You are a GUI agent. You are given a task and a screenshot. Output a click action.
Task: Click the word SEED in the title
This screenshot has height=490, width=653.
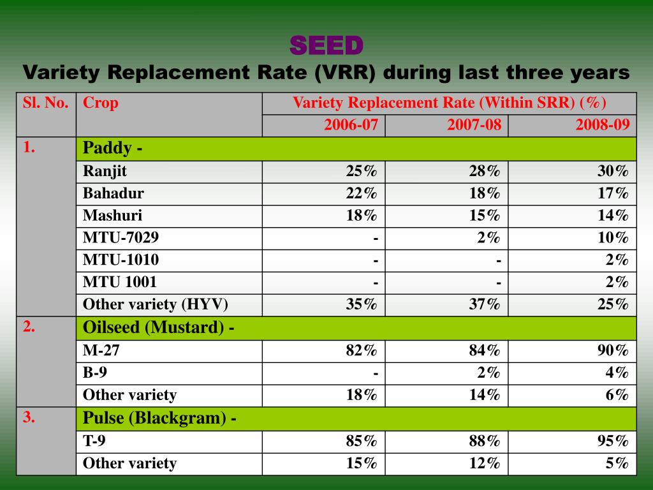326,46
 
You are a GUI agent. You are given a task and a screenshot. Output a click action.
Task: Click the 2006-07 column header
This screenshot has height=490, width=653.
351,125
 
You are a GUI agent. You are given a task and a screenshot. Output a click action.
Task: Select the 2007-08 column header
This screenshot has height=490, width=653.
474,125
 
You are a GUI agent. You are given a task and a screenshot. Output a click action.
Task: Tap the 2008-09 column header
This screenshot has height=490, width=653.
602,125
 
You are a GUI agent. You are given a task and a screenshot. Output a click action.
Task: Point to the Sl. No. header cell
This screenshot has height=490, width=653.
45,103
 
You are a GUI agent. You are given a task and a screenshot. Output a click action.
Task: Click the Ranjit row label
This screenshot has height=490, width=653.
105,171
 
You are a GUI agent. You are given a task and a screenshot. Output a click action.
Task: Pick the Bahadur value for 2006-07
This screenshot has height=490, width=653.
362,193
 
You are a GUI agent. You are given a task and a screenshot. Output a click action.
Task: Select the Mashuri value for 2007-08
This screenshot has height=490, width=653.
485,216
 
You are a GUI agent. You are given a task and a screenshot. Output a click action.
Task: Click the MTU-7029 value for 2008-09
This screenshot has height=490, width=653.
613,238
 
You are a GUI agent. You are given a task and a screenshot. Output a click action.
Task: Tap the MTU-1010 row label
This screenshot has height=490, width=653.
121,260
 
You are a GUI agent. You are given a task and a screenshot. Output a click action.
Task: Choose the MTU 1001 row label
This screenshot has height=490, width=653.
119,282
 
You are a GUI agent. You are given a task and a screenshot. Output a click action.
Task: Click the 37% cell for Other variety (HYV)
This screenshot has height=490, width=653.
485,304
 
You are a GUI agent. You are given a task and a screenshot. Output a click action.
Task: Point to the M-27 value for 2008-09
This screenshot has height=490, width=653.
613,350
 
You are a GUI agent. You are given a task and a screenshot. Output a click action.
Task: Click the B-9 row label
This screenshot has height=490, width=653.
95,373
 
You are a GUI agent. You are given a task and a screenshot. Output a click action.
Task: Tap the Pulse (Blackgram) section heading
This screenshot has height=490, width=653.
160,419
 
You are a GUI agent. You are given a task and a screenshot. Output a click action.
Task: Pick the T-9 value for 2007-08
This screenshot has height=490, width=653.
485,441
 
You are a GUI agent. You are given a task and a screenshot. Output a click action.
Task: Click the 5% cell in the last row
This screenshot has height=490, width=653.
617,463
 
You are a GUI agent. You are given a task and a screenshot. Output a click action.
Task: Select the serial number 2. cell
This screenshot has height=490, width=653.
29,327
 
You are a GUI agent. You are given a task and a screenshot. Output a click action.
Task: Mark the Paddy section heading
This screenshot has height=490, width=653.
112,149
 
